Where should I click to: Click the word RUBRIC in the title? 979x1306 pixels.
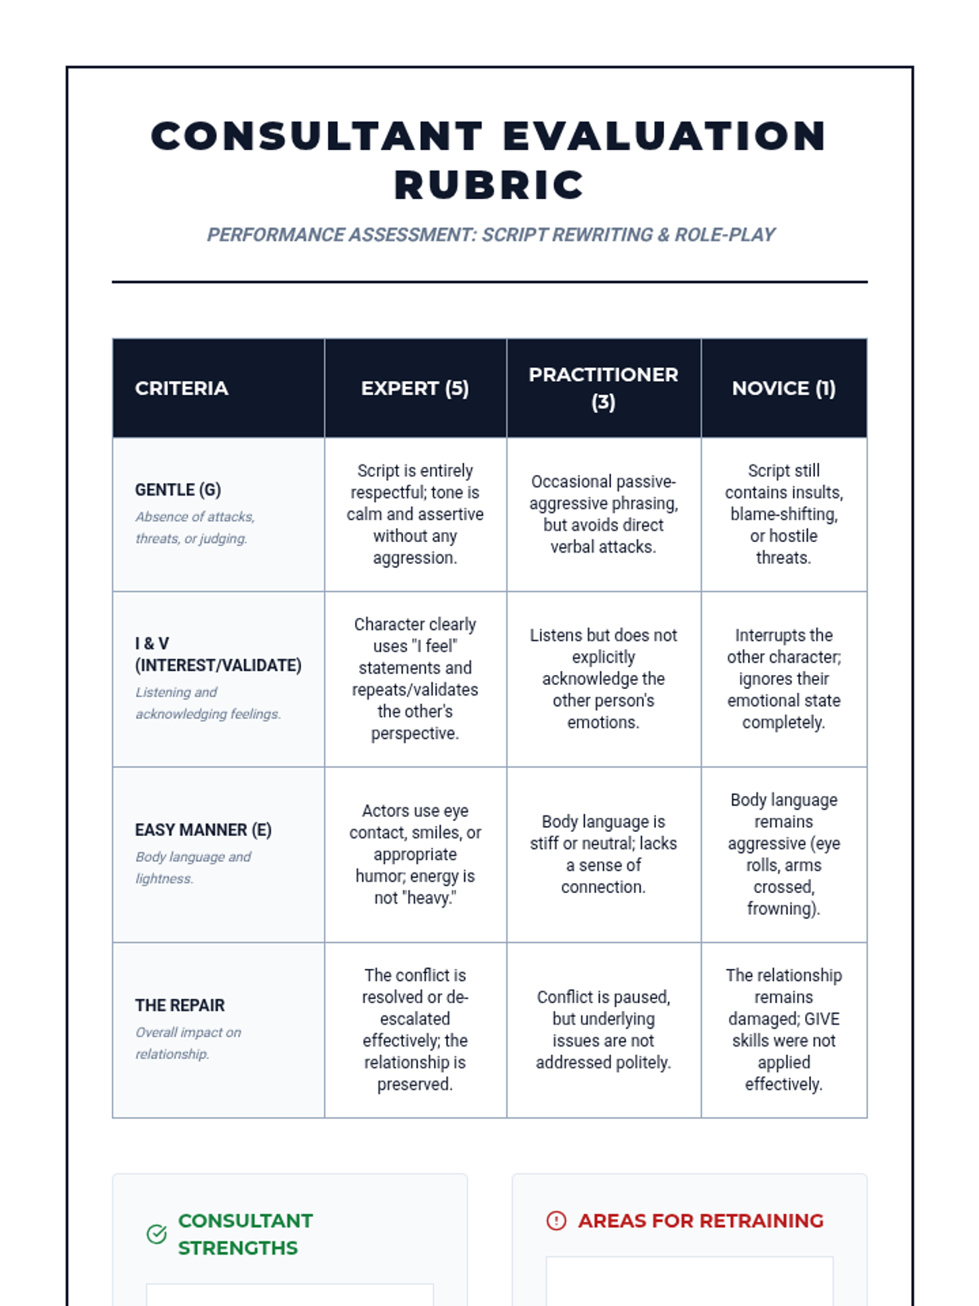coord(489,185)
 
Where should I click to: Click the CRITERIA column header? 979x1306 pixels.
coord(181,389)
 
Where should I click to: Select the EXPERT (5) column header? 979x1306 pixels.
coord(415,389)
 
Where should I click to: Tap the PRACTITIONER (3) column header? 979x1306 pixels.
coord(603,389)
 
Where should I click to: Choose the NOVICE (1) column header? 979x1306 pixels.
coord(783,389)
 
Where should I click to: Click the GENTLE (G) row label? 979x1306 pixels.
coord(178,490)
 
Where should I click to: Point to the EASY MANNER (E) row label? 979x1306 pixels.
coord(203,830)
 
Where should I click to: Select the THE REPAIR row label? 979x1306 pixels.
coord(180,1006)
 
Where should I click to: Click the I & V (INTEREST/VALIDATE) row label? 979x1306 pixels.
coord(218,655)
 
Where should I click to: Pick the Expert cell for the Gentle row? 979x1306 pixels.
coord(415,514)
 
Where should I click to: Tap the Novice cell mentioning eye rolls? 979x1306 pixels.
coord(783,855)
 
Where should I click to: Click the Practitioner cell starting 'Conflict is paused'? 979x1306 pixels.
coord(603,1030)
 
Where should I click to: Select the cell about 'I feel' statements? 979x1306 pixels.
coord(415,679)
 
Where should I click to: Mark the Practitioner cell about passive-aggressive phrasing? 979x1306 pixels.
coord(603,514)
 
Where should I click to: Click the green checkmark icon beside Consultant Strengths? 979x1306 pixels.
coord(157,1234)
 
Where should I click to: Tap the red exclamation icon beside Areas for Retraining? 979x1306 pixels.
coord(556,1221)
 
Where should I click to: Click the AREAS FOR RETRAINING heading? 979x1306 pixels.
coord(701,1221)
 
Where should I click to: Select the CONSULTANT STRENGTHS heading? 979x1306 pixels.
coord(245,1234)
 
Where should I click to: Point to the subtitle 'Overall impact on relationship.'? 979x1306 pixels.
coord(188,1043)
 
